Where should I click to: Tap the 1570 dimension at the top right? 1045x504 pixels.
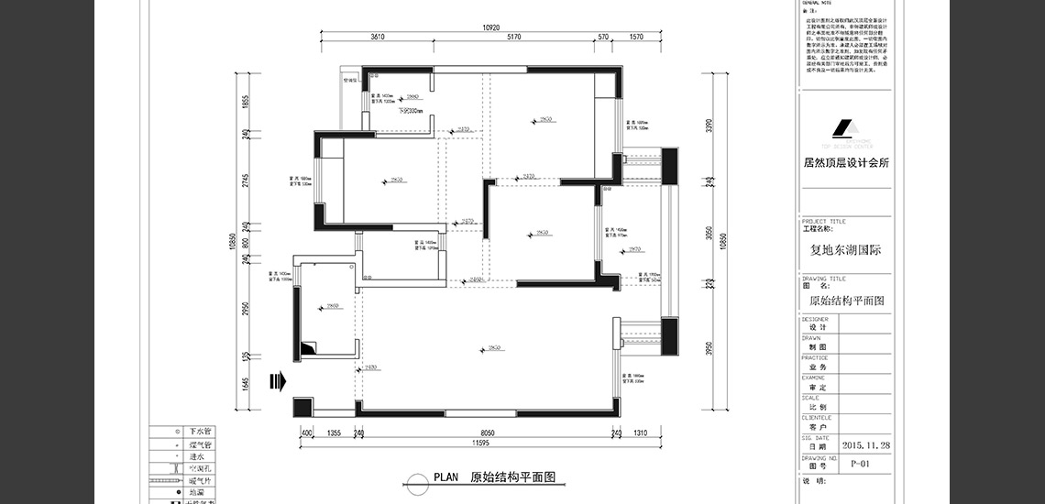click(636, 38)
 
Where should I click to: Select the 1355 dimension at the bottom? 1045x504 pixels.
click(334, 433)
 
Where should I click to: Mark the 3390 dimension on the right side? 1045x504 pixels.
click(707, 125)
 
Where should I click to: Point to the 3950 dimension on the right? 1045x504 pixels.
click(707, 348)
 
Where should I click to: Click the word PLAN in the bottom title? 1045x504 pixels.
click(445, 477)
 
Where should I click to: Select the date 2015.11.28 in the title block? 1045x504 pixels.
click(866, 444)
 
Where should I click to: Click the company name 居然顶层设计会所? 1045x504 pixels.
click(844, 163)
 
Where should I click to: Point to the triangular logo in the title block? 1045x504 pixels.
click(844, 129)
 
